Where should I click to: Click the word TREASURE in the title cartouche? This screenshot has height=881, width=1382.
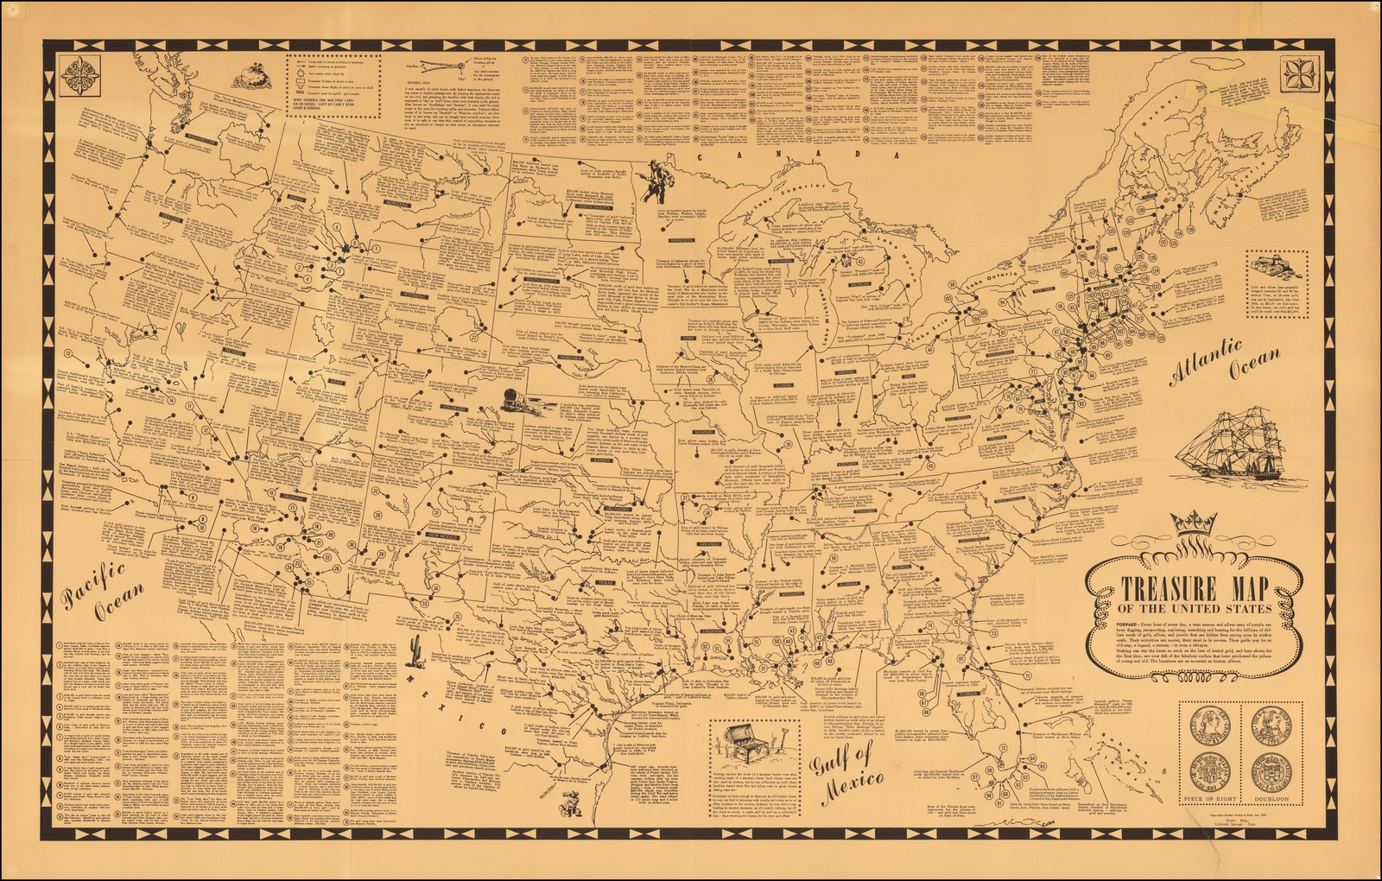1157,591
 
